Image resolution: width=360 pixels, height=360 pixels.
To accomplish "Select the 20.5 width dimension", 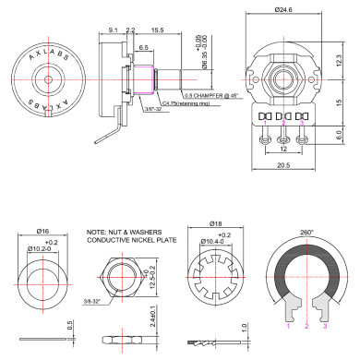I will pos(284,166).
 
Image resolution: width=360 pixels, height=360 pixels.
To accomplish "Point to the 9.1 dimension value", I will pos(113,31).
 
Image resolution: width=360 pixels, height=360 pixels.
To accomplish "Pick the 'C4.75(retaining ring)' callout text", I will pos(190,105).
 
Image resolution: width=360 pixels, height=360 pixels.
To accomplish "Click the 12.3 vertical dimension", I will pos(339,59).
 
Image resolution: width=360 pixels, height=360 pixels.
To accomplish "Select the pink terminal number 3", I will pos(324,325).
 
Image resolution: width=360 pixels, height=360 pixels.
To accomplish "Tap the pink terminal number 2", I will pos(306,325).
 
